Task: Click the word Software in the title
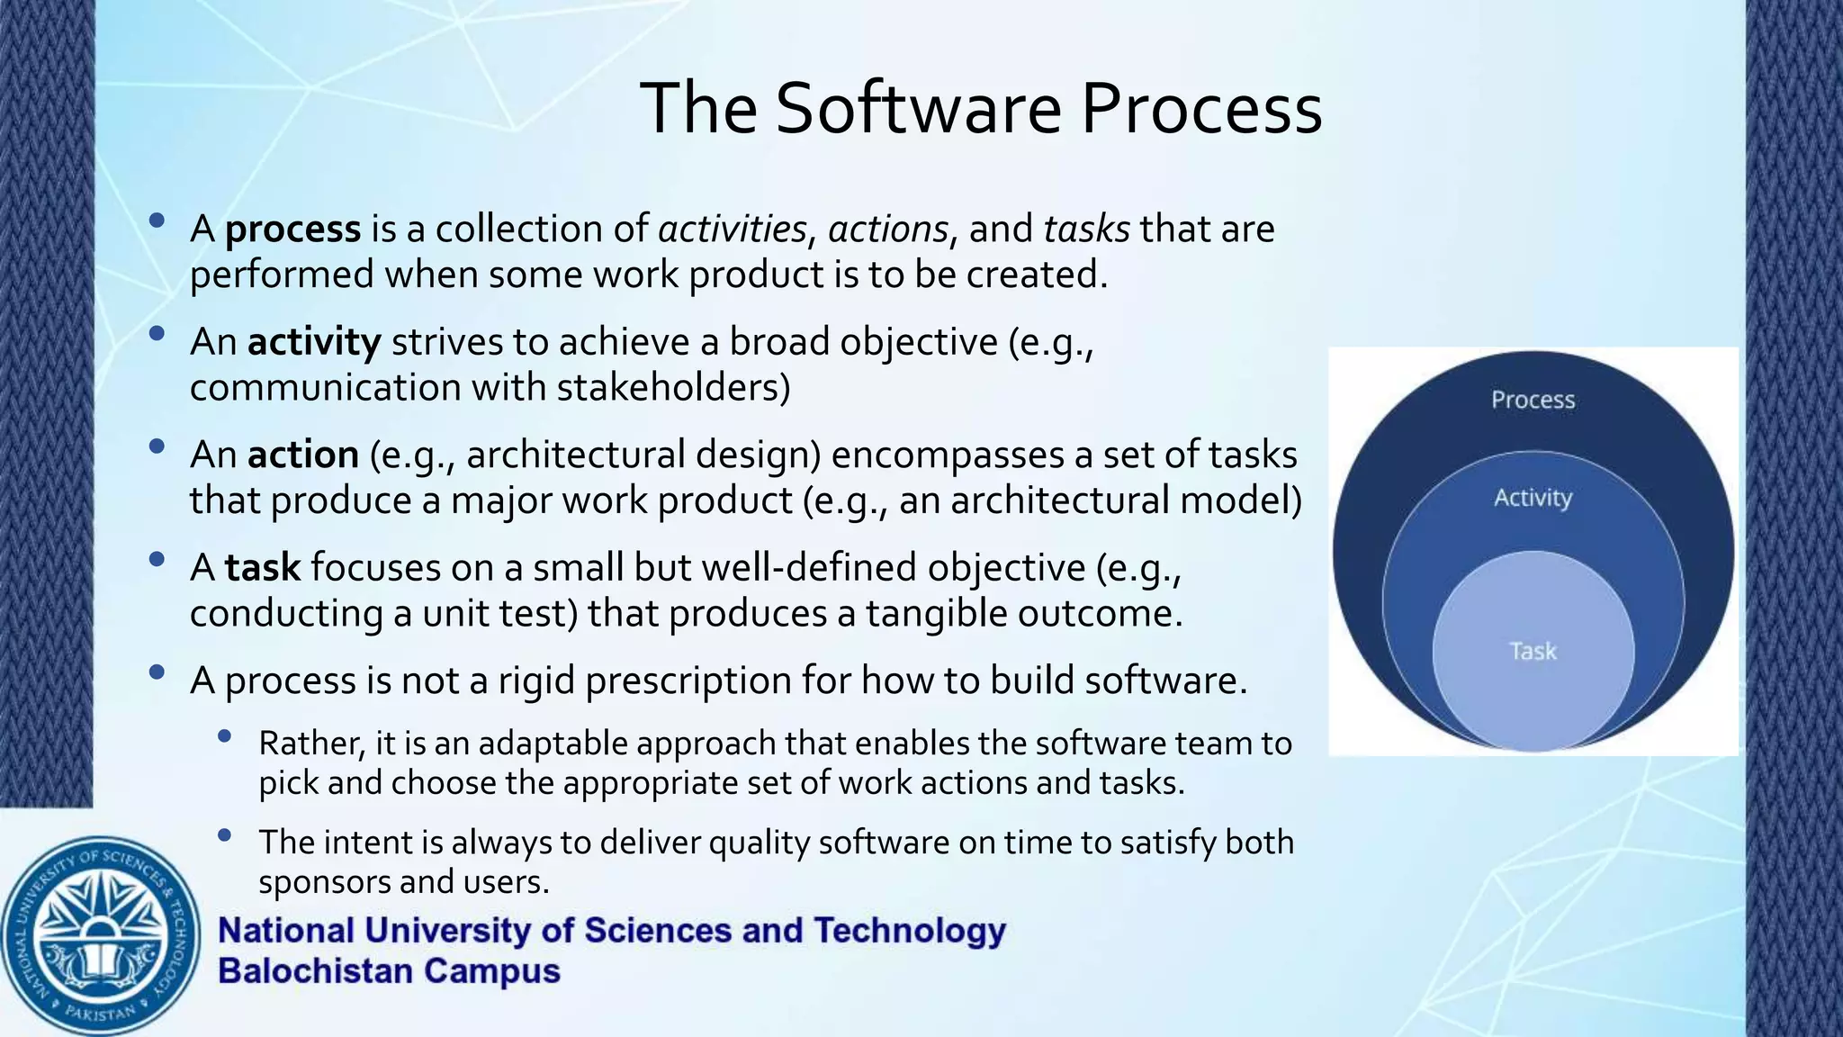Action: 918,108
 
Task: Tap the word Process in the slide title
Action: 1201,108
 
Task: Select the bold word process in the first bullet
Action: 292,230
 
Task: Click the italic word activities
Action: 732,229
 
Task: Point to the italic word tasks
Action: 1086,229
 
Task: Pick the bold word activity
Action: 314,342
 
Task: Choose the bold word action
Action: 303,455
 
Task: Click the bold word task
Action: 262,567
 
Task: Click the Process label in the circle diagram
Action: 1533,400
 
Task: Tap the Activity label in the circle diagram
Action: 1533,498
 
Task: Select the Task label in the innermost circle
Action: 1533,651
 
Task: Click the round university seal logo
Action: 101,936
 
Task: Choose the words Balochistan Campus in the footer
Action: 389,971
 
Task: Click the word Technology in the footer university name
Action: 909,930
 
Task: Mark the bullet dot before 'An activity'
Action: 157,334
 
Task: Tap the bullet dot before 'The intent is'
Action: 225,835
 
